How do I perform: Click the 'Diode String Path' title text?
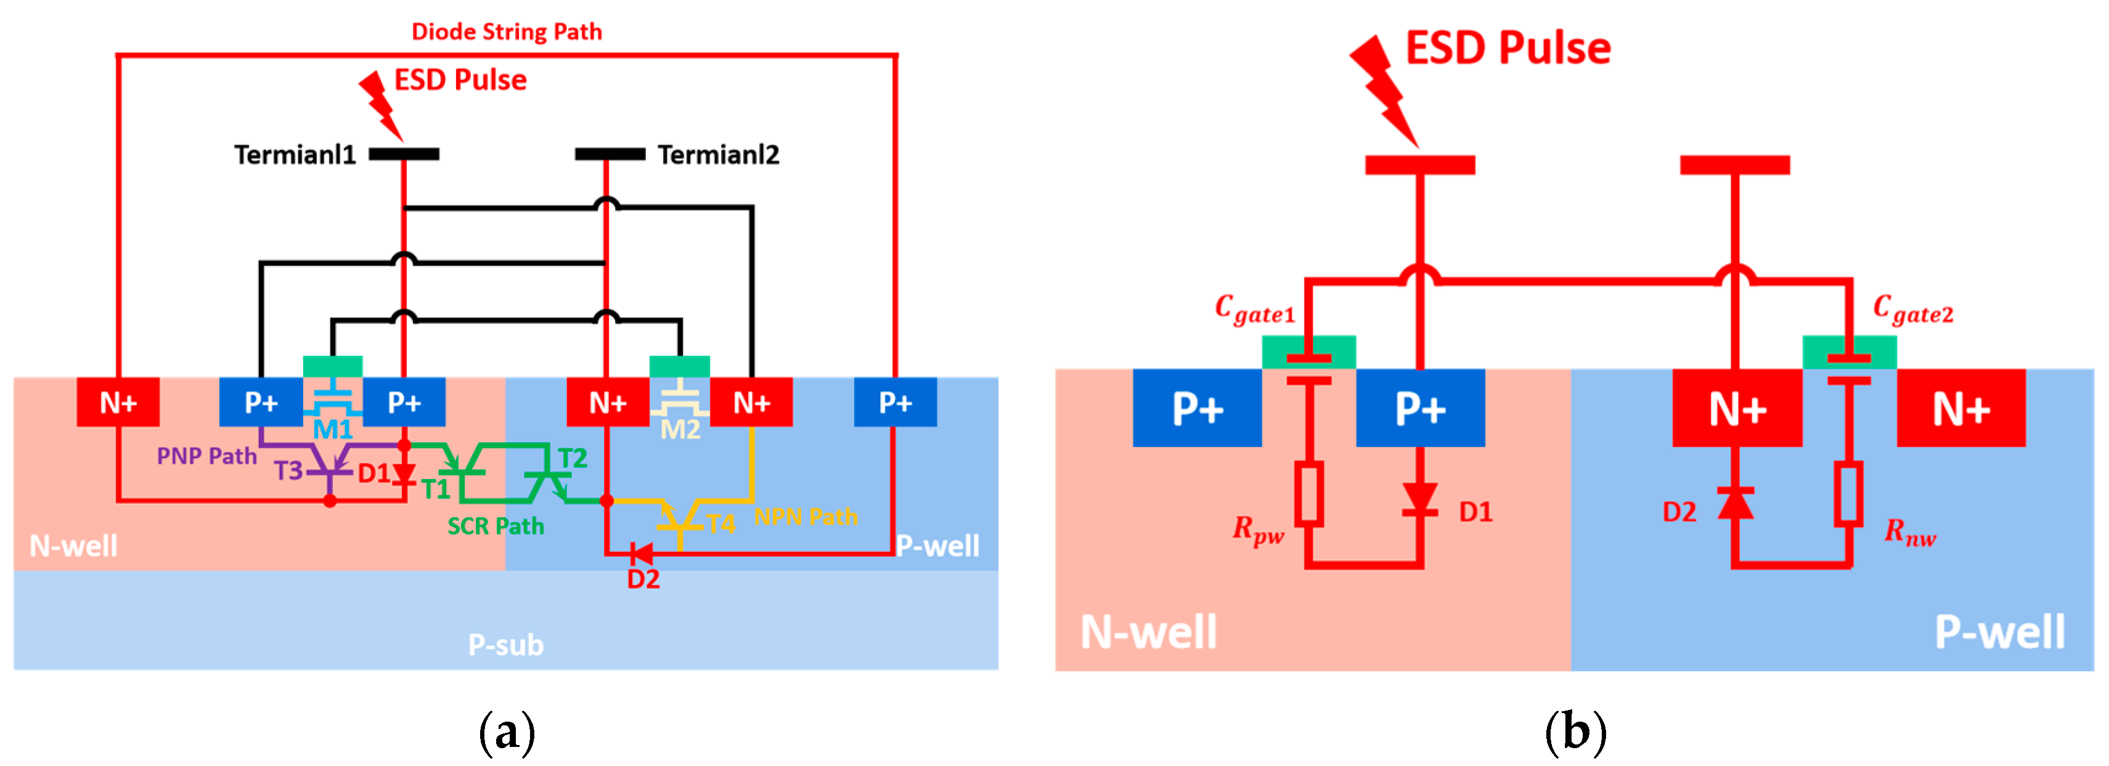[506, 32]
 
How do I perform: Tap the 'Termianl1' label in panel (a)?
[295, 155]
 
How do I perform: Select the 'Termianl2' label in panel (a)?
[718, 155]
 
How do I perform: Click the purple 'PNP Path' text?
[206, 456]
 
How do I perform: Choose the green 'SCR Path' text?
[496, 526]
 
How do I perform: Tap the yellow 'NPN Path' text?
[806, 517]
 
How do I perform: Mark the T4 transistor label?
[720, 524]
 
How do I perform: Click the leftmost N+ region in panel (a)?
[118, 403]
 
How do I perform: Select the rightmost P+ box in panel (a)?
[895, 403]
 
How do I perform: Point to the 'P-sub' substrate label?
[505, 645]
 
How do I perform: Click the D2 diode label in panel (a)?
[643, 580]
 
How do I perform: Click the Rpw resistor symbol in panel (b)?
[1309, 493]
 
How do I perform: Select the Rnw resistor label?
[1909, 533]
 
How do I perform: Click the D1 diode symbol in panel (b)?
[1419, 498]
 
